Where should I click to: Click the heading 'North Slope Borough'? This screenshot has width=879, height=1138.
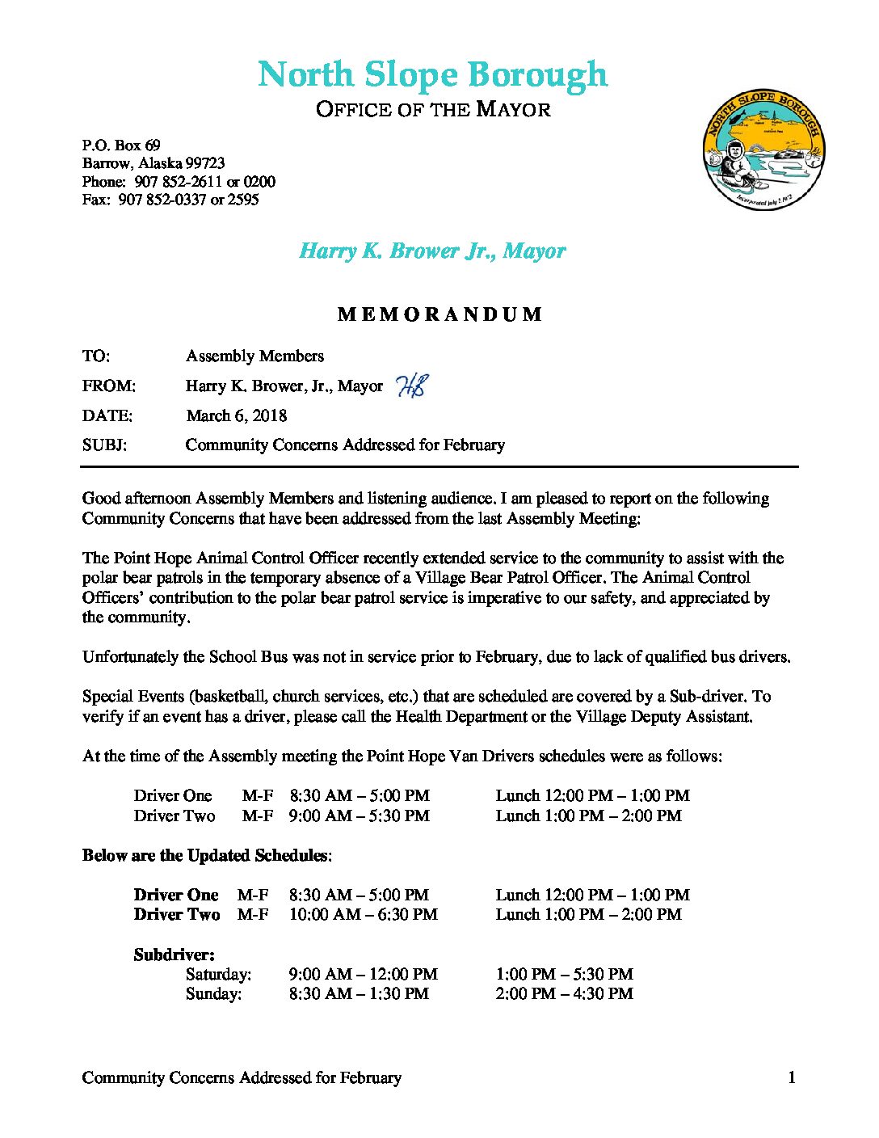(432, 74)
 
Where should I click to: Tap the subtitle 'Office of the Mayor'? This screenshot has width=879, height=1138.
(433, 109)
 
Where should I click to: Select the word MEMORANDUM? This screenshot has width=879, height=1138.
(439, 314)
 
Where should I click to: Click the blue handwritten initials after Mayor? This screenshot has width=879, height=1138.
(412, 386)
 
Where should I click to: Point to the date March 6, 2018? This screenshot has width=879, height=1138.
(237, 415)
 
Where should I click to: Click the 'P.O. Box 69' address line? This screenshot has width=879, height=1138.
(121, 145)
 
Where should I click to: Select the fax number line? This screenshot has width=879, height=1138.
(170, 199)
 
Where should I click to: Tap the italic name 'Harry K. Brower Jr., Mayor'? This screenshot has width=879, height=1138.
(432, 251)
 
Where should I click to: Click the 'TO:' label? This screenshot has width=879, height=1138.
(96, 356)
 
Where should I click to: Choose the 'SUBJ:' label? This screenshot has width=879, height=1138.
(104, 445)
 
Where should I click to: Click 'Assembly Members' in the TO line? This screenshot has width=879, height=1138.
(254, 356)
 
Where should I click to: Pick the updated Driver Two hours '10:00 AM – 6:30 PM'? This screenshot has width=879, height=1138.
(363, 914)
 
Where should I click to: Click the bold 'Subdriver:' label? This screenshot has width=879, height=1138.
(174, 955)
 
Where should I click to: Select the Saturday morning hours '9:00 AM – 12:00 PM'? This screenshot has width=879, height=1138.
(363, 974)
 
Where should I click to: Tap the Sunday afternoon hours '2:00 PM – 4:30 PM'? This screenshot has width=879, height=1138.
(564, 993)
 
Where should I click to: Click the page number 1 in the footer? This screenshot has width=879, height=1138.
(792, 1077)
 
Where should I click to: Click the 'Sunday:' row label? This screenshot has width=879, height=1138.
(213, 993)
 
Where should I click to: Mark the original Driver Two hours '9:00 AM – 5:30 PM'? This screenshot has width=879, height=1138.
(359, 816)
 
